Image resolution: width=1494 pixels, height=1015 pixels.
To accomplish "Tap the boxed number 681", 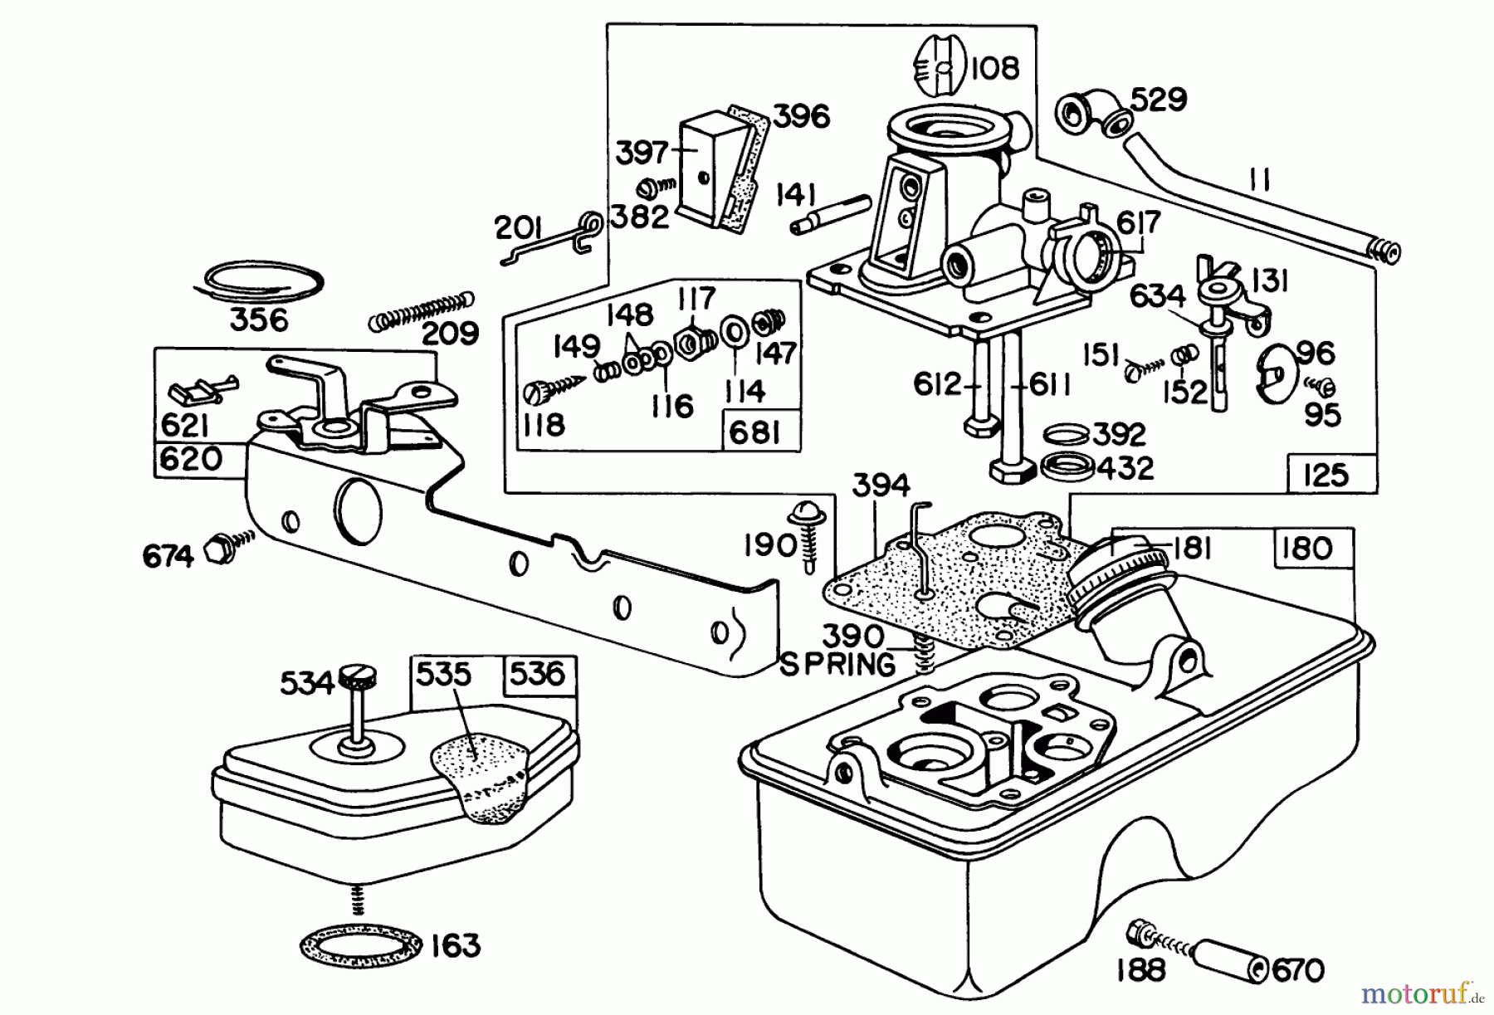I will point(755,432).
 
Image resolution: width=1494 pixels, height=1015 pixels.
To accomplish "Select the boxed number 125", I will point(1326,475).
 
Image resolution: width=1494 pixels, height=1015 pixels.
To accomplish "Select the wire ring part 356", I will point(257,281).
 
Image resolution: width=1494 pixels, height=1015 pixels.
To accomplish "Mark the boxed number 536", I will point(538,673).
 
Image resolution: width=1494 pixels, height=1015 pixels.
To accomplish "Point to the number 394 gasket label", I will point(880,486).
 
